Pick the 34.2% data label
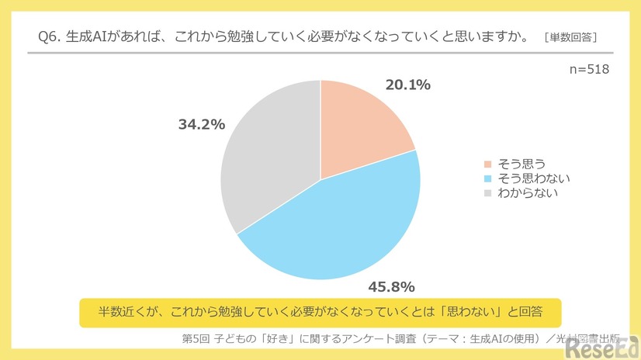(x=201, y=124)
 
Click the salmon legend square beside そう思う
(x=487, y=164)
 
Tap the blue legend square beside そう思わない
(x=487, y=178)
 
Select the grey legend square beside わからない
(x=487, y=192)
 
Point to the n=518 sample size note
(x=590, y=69)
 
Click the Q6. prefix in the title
(x=50, y=36)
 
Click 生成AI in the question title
(x=92, y=36)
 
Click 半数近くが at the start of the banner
(x=118, y=310)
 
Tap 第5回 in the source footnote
(x=194, y=338)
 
